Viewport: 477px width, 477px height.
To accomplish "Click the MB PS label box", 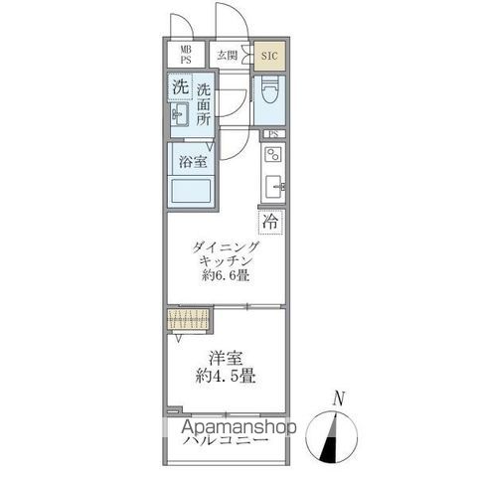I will [x=185, y=55].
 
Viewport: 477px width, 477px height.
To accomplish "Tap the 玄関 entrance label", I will [x=228, y=56].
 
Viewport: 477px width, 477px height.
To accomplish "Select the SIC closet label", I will [x=269, y=56].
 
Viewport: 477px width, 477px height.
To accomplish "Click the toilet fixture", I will [x=269, y=95].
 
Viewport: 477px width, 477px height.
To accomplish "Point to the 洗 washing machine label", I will [x=180, y=86].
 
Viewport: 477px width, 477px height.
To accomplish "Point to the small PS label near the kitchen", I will [x=271, y=134].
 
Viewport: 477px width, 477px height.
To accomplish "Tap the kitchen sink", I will [x=274, y=185].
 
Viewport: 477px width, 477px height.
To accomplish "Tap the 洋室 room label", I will [x=228, y=358].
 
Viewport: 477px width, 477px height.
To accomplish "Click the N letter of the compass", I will [x=340, y=398].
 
